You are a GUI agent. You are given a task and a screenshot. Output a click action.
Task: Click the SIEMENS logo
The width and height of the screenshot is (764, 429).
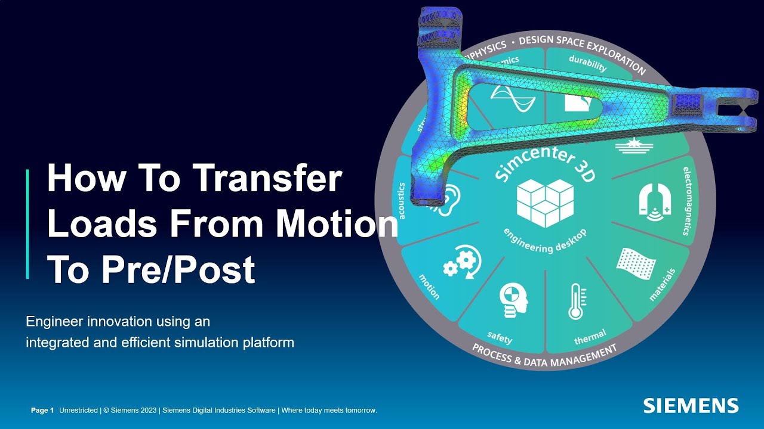tap(691, 406)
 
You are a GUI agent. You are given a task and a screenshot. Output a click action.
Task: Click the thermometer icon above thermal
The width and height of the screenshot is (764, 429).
tap(575, 301)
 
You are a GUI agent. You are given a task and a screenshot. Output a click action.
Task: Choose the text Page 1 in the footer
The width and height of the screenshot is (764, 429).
tap(42, 410)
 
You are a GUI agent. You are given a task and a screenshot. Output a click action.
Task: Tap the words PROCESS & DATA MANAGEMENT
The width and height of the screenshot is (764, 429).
tap(544, 354)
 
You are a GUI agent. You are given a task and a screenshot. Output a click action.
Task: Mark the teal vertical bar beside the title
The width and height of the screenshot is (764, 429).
tap(27, 223)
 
